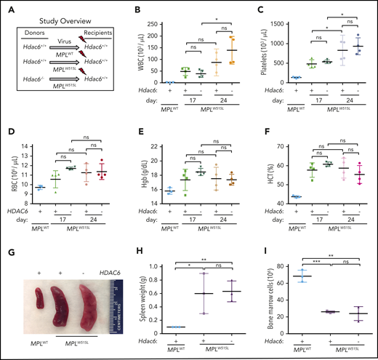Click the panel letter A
pyautogui.click(x=6, y=8)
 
